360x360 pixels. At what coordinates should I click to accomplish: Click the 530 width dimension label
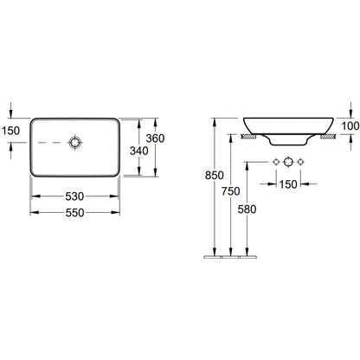pos(74,196)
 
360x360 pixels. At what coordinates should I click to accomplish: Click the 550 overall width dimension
pos(74,213)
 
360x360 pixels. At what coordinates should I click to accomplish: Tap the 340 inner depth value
pos(138,151)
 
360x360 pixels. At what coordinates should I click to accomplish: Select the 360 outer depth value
pos(155,138)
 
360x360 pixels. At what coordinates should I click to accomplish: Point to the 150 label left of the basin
pos(10,131)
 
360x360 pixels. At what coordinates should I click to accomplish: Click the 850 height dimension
pos(215,175)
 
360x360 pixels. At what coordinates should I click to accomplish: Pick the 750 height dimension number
pos(231,191)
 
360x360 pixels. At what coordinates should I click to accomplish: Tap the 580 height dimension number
pos(247,209)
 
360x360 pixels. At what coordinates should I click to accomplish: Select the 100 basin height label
pos(350,126)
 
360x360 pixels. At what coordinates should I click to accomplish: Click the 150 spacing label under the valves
pos(288,184)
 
